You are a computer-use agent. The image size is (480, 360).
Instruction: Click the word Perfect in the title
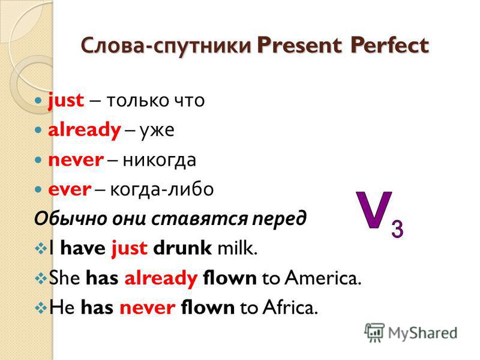[389, 46]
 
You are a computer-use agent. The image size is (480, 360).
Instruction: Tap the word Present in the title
[299, 46]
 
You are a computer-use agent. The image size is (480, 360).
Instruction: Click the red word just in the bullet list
[66, 100]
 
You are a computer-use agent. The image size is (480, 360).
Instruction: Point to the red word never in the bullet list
[76, 160]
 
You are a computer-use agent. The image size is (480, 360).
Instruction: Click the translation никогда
[160, 160]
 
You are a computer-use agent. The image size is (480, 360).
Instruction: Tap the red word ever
[70, 190]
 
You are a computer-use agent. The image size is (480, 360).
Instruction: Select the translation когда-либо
[161, 189]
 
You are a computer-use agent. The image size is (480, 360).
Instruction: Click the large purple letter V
[374, 210]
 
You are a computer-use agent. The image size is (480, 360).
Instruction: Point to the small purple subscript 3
[397, 229]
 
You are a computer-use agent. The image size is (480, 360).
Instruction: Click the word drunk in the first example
[182, 248]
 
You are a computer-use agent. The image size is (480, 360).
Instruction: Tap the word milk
[237, 248]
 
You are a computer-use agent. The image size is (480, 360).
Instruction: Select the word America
[323, 278]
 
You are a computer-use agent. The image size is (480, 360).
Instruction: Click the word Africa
[290, 307]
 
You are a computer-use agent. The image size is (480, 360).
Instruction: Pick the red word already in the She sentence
[161, 279]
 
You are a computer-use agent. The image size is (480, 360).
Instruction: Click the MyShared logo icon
[374, 332]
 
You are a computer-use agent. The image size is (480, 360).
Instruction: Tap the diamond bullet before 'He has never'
[40, 308]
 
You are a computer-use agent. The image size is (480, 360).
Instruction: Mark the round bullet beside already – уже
[38, 130]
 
